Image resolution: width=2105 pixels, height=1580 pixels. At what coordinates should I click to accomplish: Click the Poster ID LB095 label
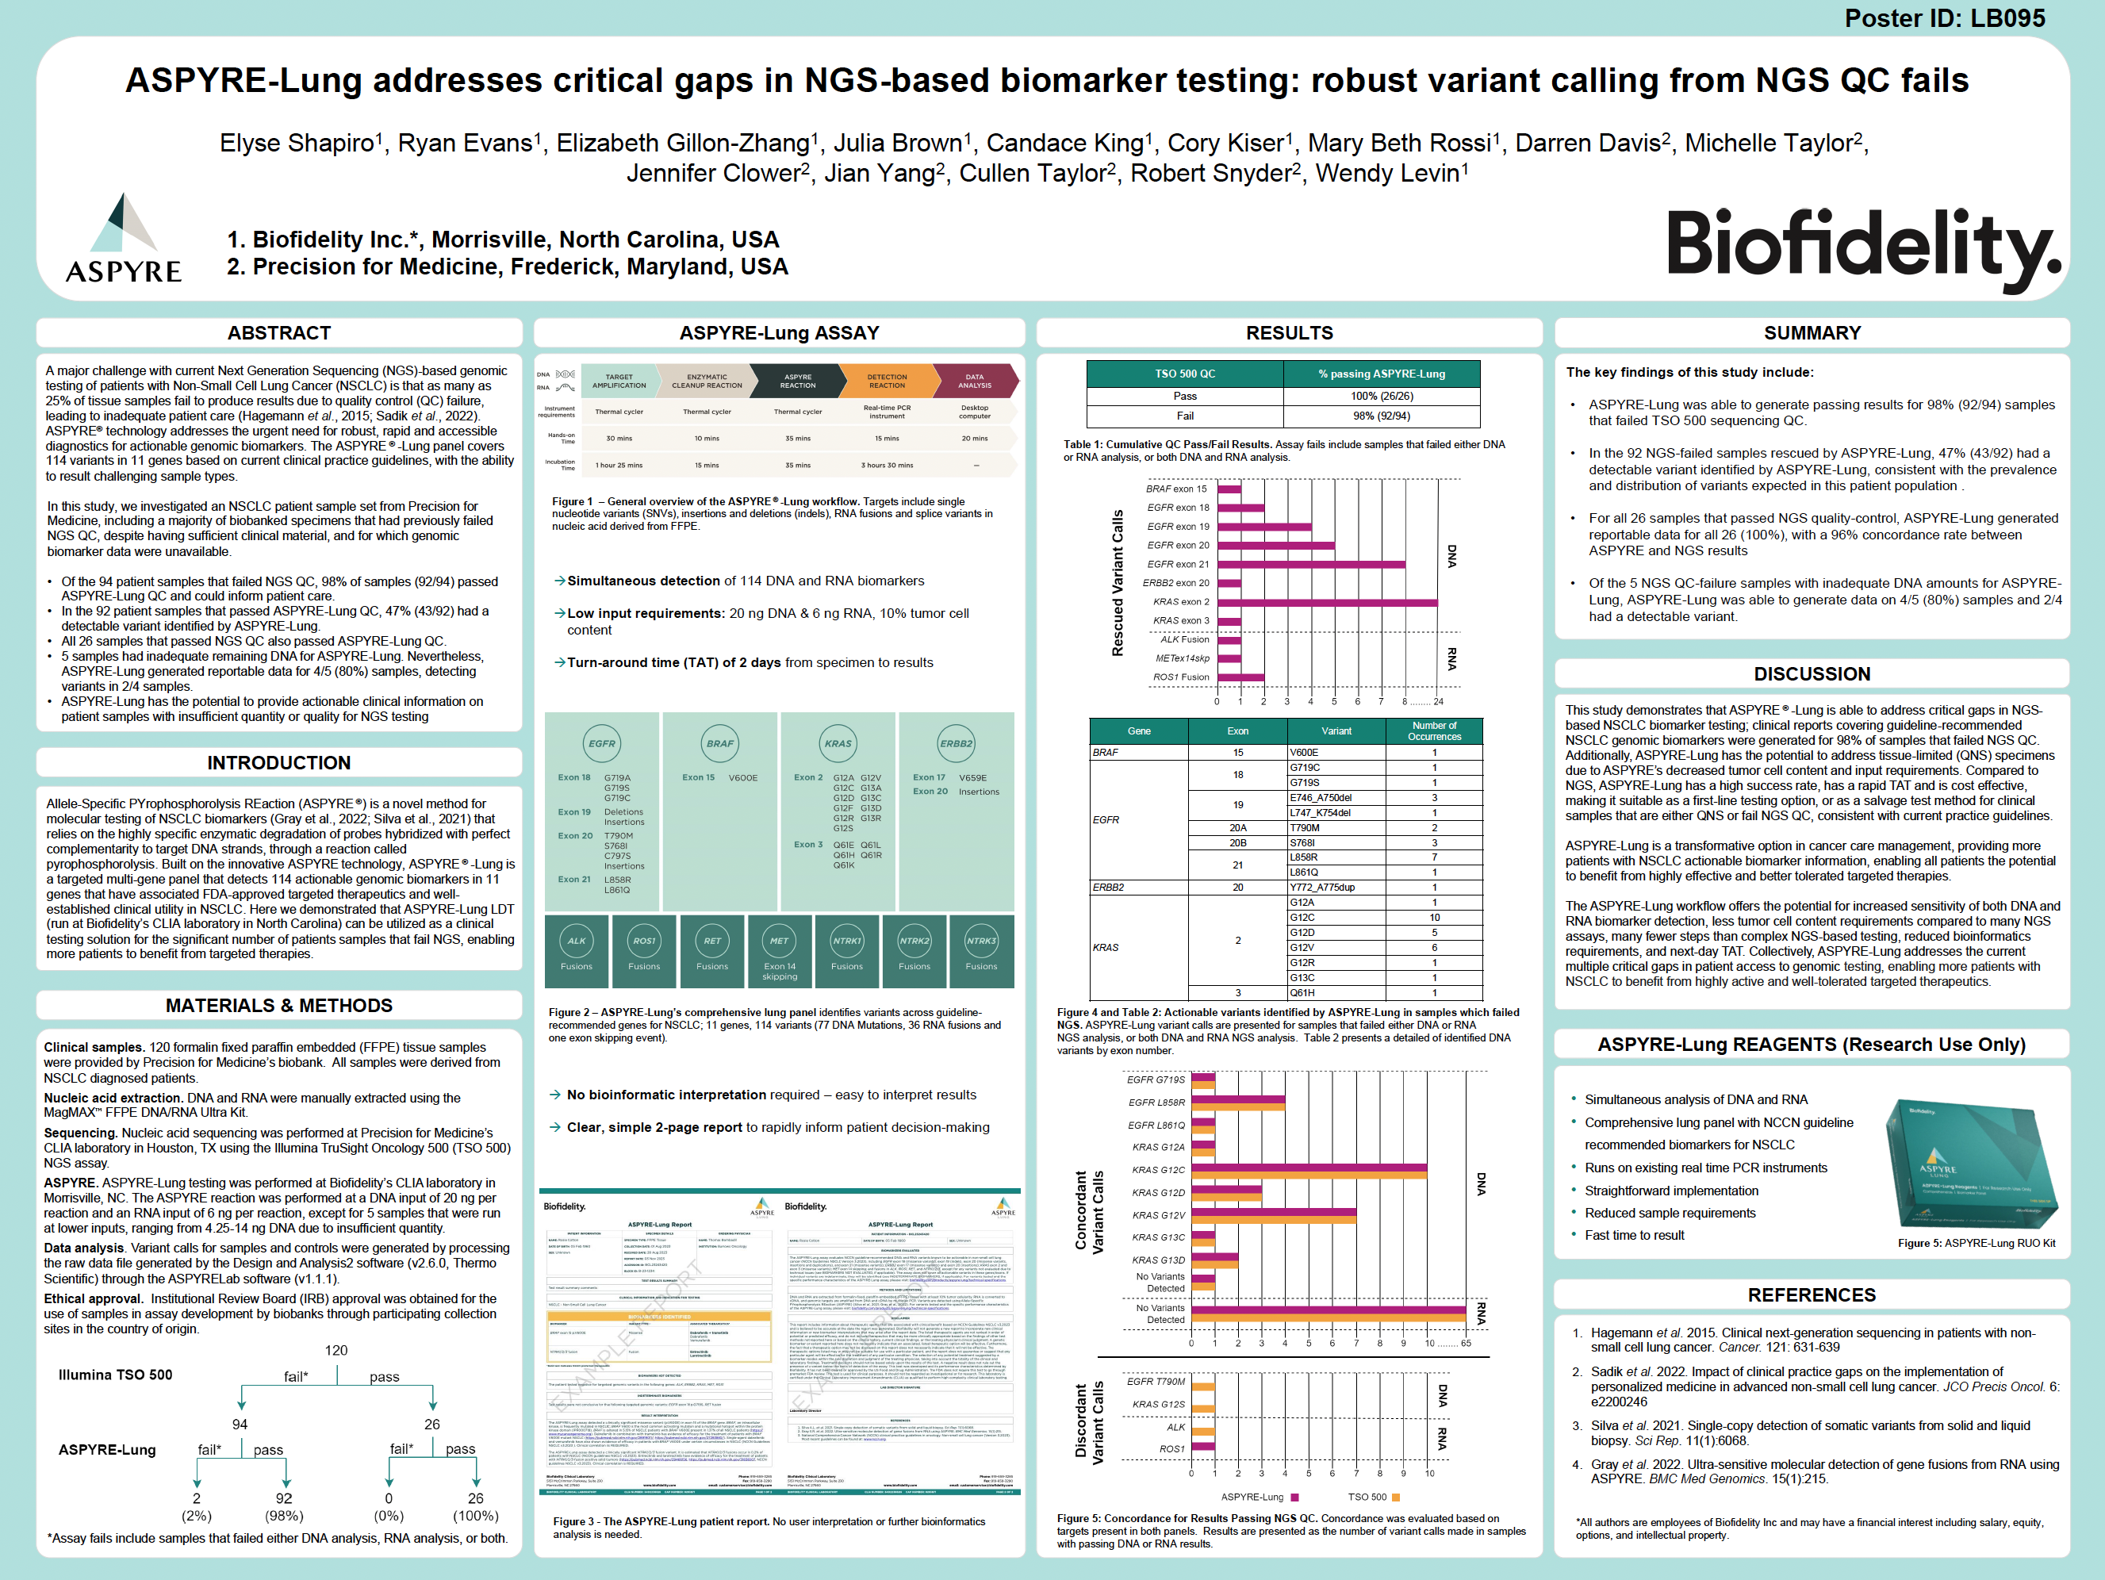pos(1943,18)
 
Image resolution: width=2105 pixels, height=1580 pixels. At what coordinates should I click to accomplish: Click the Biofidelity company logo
pos(1862,247)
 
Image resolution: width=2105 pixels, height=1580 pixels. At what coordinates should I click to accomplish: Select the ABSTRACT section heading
pos(279,333)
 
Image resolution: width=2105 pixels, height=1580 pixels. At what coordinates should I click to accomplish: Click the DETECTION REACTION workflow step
pos(886,382)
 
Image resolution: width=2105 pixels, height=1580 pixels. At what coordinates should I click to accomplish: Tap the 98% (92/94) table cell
pos(1381,416)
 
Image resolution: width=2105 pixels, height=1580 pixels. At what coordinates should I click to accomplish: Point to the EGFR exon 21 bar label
pos(1177,565)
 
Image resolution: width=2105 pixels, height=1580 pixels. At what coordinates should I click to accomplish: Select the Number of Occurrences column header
pos(1433,731)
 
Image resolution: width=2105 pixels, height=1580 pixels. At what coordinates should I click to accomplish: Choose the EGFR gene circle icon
pos(601,744)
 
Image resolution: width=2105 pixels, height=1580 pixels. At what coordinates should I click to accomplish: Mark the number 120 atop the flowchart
pos(336,1351)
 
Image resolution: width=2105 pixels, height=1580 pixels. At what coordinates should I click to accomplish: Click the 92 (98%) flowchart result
pos(285,1507)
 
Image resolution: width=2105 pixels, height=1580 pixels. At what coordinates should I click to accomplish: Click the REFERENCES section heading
pos(1811,1295)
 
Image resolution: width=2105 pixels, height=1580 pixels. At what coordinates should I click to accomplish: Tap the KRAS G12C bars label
pos(1158,1170)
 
